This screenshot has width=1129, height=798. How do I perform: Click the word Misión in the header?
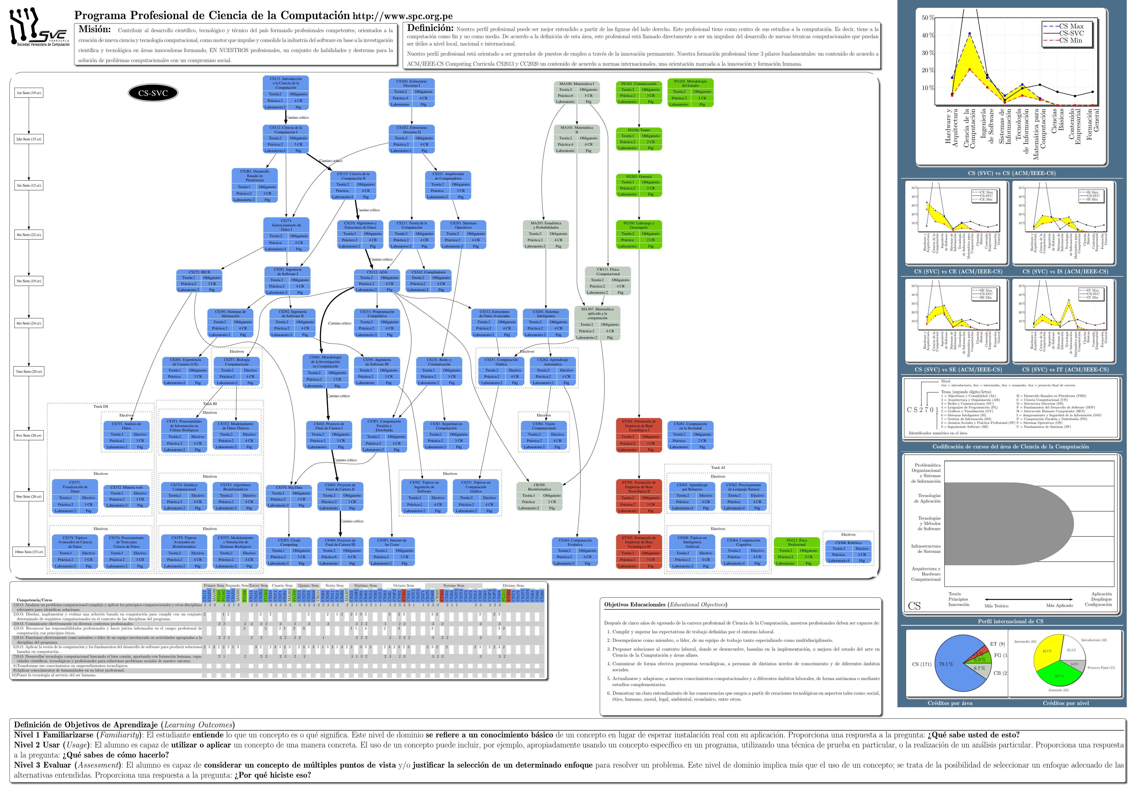click(x=95, y=29)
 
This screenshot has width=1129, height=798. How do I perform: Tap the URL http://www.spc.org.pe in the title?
click(x=402, y=16)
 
